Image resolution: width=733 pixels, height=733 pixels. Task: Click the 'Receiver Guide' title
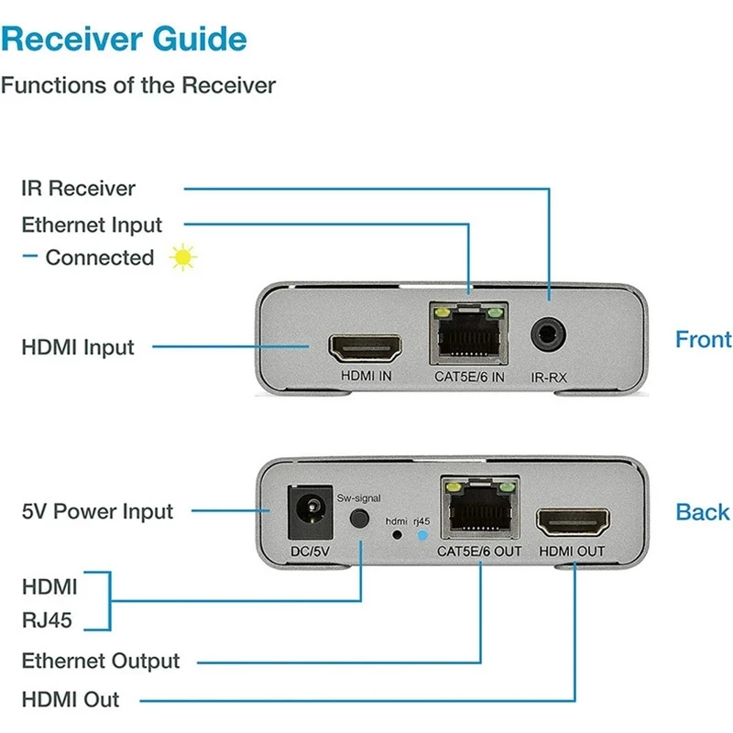pos(125,39)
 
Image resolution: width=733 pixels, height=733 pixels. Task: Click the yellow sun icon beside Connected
pos(184,258)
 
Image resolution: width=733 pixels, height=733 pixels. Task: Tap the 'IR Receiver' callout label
pos(79,189)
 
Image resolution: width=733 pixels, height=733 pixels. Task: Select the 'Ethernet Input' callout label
pos(92,224)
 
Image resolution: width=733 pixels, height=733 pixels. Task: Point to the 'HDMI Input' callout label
pos(78,347)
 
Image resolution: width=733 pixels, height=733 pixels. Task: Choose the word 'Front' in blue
pos(703,339)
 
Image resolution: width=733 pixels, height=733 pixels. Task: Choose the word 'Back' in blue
pos(703,512)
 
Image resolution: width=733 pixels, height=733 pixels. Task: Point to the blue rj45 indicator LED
pos(421,534)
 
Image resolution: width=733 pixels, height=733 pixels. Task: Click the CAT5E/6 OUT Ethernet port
pos(479,509)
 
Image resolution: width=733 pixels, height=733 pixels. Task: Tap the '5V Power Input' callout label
pos(97,510)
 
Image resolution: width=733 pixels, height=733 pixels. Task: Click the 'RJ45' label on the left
pos(47,622)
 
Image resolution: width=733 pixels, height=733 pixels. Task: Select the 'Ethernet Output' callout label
pos(101,661)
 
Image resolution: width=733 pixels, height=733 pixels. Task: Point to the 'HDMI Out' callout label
pos(71,699)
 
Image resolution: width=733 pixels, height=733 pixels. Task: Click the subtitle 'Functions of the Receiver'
pos(137,85)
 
